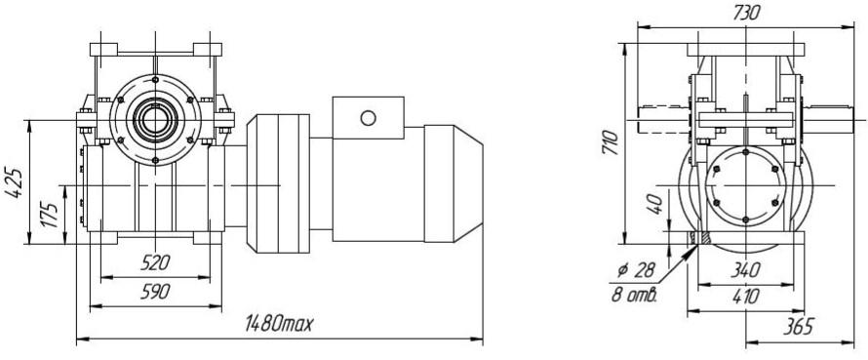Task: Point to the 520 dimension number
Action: coord(155,262)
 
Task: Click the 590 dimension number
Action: coord(155,292)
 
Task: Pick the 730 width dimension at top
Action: coord(746,13)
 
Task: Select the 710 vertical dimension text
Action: coord(610,142)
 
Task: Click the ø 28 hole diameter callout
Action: coord(637,271)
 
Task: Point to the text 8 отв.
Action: coord(634,294)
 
